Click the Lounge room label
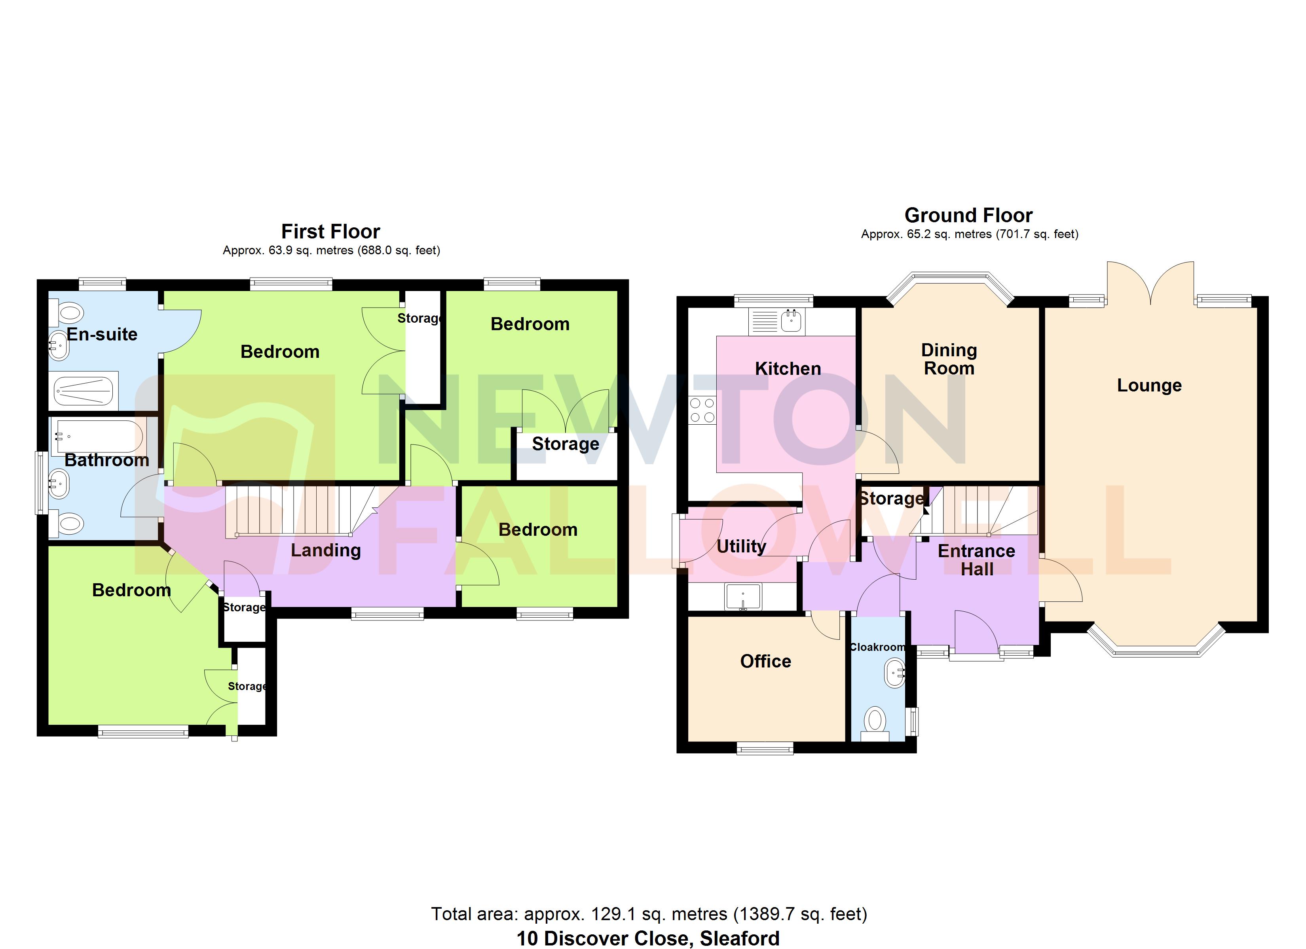point(1149,385)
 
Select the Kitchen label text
point(788,369)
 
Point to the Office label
point(765,661)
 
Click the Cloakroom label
point(877,647)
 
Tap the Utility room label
point(741,546)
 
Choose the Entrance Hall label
point(977,560)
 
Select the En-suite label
point(102,335)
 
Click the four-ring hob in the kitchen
point(702,410)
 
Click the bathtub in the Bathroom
point(98,436)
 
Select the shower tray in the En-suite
point(84,391)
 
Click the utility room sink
point(743,597)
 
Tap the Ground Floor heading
point(968,215)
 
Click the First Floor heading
point(330,231)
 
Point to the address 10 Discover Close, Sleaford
point(648,938)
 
